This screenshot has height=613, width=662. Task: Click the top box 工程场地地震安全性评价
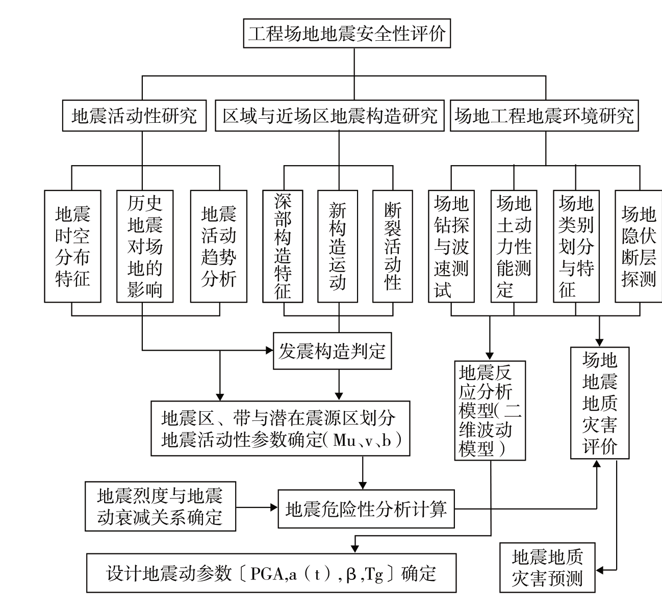point(347,34)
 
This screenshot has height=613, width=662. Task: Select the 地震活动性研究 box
point(135,117)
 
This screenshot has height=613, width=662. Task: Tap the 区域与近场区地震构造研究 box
point(330,117)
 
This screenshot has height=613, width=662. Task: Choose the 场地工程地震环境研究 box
point(545,117)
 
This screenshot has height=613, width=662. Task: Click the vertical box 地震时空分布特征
point(72,246)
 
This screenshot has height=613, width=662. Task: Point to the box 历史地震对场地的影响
point(145,246)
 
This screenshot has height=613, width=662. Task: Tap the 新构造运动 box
point(338,246)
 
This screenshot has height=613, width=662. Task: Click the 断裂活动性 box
point(392,246)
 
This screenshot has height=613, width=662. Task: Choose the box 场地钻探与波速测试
point(451,246)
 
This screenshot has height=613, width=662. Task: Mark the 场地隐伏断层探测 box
point(639,246)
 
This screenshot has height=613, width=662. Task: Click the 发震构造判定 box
point(332,351)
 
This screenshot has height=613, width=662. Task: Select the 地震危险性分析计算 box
point(366,509)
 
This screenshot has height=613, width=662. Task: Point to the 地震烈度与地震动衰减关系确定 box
point(160,507)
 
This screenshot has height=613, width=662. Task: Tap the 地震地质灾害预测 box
point(547,568)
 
